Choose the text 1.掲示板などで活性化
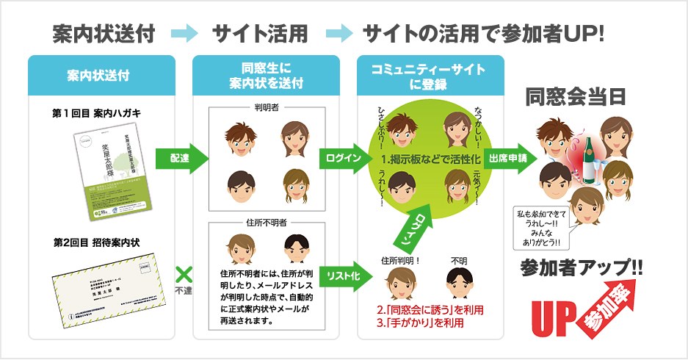pos(429,159)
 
